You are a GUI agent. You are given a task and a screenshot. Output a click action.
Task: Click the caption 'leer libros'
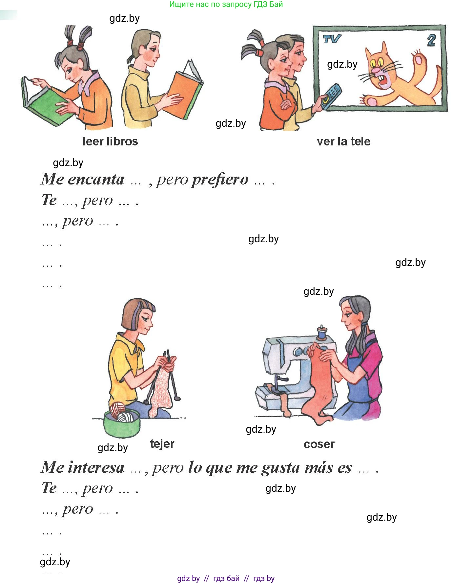click(x=110, y=141)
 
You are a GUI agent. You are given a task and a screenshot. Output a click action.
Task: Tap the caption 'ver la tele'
click(x=343, y=141)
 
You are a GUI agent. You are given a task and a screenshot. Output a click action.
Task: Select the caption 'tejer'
click(x=162, y=444)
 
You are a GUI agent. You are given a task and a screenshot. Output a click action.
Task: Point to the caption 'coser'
click(x=319, y=444)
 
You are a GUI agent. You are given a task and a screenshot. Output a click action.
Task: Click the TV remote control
click(x=331, y=96)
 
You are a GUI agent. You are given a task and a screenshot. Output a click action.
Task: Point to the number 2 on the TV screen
click(x=431, y=40)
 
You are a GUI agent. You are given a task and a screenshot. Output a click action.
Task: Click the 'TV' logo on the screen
click(x=332, y=39)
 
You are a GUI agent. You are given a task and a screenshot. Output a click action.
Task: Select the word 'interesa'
click(x=96, y=467)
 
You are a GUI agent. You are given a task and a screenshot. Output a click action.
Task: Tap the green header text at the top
click(x=226, y=5)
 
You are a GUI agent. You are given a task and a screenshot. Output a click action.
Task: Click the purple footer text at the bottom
click(x=226, y=578)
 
